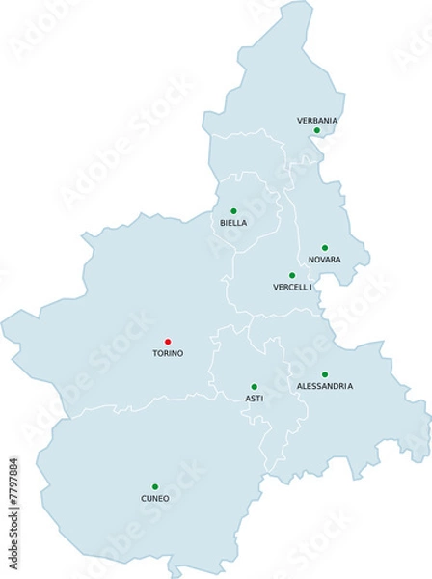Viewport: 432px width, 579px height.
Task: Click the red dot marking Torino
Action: [168, 341]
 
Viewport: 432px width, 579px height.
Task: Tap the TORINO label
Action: [168, 353]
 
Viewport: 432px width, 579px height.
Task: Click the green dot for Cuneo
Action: [155, 486]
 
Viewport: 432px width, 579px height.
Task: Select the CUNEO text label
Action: [154, 499]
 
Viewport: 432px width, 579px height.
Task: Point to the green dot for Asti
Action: [254, 386]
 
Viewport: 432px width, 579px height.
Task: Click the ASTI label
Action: [255, 399]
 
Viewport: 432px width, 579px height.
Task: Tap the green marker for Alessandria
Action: [325, 374]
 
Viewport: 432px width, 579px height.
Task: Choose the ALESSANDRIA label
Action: [325, 386]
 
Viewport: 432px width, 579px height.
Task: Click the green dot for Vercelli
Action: [292, 275]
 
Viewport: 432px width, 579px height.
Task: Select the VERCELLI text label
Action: [293, 288]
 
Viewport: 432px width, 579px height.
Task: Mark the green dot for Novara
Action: [325, 248]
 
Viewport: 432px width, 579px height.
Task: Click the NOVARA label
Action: [325, 261]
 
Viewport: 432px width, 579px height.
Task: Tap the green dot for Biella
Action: [233, 210]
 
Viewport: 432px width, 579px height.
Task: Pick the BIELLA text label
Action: [233, 223]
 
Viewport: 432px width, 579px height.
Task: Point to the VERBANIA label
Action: [317, 120]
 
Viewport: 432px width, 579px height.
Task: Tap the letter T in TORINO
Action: [155, 353]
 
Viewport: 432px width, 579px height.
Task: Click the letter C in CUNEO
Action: [142, 499]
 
